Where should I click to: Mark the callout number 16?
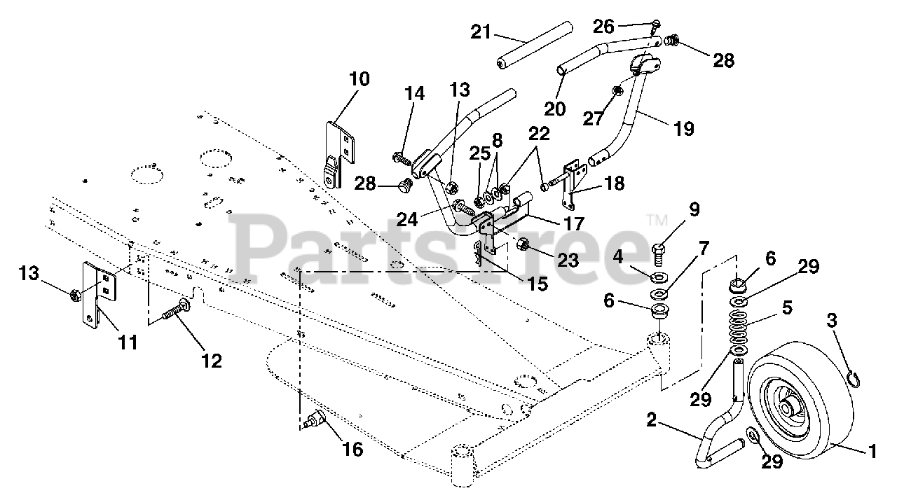coord(352,448)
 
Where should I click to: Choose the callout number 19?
coord(684,128)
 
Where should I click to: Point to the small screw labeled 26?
coord(655,26)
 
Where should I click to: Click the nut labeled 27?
coord(617,91)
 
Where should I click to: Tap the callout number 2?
coord(651,420)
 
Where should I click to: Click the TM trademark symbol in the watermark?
coord(657,220)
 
